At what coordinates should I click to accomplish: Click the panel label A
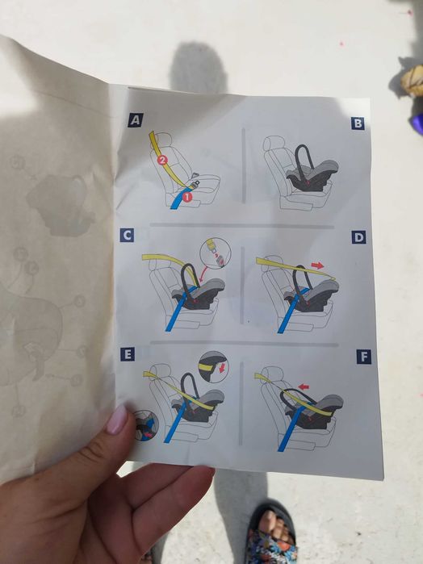[136, 119]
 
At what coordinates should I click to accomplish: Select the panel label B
[358, 123]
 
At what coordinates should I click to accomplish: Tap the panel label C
[127, 236]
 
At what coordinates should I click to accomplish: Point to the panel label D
[359, 237]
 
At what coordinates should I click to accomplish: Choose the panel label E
[128, 354]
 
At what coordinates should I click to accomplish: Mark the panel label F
[364, 357]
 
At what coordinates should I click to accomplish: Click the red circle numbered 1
[186, 196]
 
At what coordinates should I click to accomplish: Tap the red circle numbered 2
[162, 160]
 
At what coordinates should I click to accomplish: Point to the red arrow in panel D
[317, 265]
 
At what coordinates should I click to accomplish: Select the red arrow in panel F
[304, 386]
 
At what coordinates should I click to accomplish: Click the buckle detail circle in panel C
[215, 253]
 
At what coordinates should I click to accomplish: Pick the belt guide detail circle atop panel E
[213, 367]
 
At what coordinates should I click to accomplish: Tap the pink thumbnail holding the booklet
[116, 420]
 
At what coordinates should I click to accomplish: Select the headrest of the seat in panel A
[164, 139]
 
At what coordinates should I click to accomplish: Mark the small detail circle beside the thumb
[146, 426]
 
